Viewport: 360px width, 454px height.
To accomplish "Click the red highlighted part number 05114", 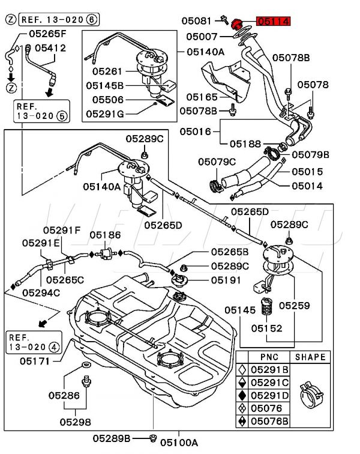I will pyautogui.click(x=274, y=22).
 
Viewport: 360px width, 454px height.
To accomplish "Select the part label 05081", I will pyautogui.click(x=198, y=21).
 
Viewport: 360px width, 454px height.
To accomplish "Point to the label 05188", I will pyautogui.click(x=245, y=144).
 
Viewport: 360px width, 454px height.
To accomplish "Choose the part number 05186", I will pyautogui.click(x=105, y=234).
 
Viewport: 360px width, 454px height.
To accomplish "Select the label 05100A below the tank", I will pyautogui.click(x=179, y=443).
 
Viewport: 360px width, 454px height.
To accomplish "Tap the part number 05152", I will pyautogui.click(x=266, y=328).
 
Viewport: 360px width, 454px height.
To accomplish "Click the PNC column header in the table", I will pyautogui.click(x=269, y=357).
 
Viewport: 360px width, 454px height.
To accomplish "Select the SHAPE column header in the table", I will pyautogui.click(x=310, y=357).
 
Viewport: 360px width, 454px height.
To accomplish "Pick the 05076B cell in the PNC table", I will pyautogui.click(x=269, y=422).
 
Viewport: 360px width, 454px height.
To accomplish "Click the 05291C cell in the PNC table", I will pyautogui.click(x=269, y=383).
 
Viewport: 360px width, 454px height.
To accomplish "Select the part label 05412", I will pyautogui.click(x=50, y=47).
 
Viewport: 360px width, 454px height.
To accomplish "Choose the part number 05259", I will pyautogui.click(x=294, y=306).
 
